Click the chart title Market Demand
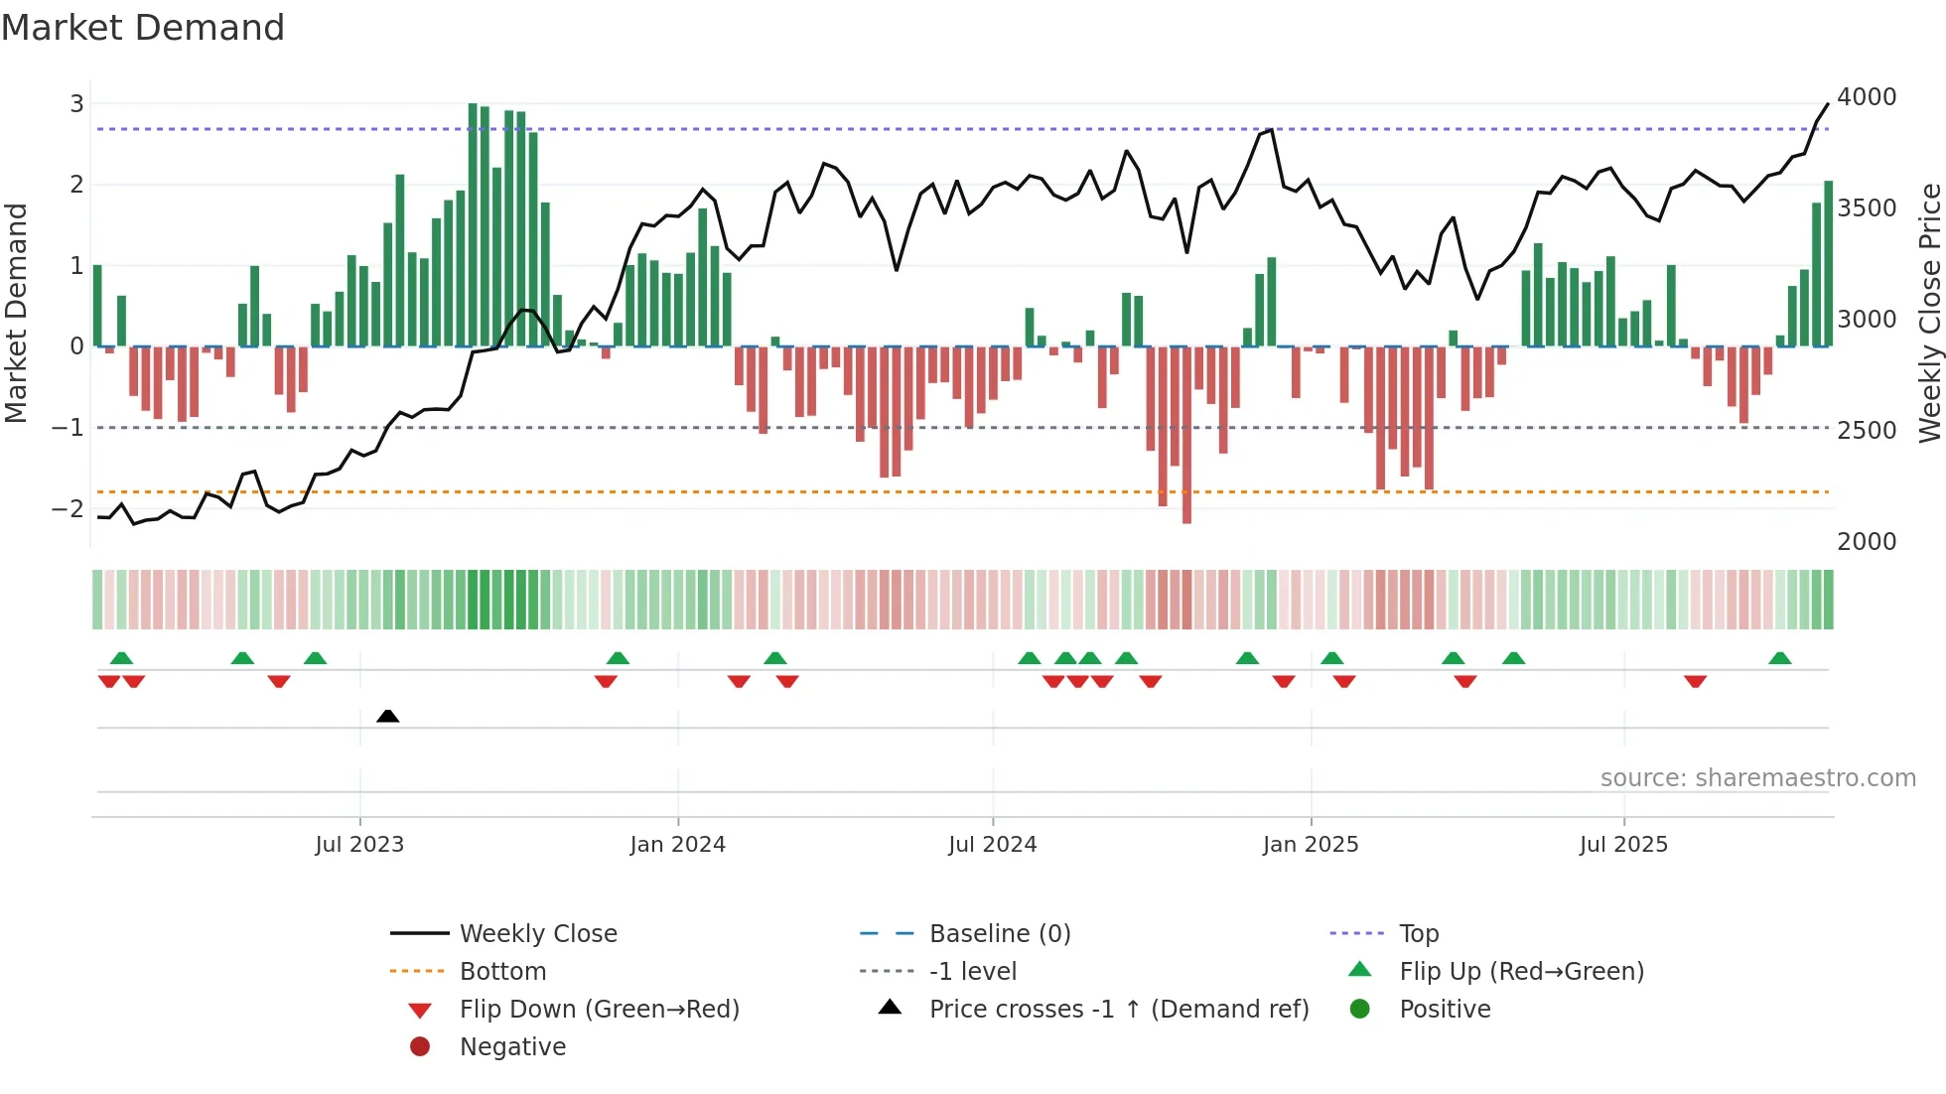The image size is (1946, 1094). click(143, 28)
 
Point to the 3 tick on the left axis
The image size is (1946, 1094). click(76, 103)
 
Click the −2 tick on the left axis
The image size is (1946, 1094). click(69, 508)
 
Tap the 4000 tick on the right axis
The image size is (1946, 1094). click(1867, 97)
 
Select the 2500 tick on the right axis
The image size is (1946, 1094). click(1867, 431)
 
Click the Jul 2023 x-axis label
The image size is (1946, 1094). click(359, 845)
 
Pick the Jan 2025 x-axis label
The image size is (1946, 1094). click(1311, 845)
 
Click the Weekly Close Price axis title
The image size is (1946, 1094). click(1929, 313)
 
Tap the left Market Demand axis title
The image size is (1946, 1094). click(17, 313)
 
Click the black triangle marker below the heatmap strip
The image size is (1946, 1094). click(388, 717)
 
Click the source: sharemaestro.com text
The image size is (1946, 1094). click(1757, 778)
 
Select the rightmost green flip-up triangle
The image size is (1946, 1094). click(1780, 658)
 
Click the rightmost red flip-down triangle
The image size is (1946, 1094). click(1695, 681)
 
